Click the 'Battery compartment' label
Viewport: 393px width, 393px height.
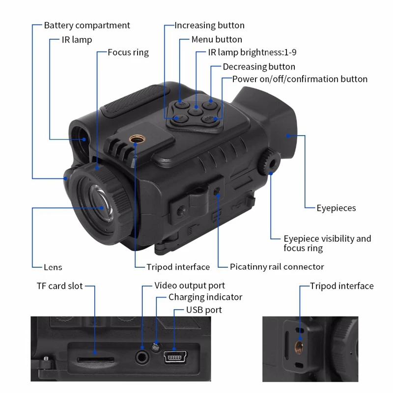pyautogui.click(x=87, y=26)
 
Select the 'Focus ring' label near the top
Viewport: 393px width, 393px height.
pyautogui.click(x=128, y=52)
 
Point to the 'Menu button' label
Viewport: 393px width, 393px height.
pyautogui.click(x=217, y=39)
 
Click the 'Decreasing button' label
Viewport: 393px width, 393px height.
pyautogui.click(x=259, y=67)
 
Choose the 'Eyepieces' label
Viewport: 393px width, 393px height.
pyautogui.click(x=336, y=208)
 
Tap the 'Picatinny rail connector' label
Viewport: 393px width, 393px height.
pyautogui.click(x=277, y=267)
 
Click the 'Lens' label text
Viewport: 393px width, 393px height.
pyautogui.click(x=53, y=267)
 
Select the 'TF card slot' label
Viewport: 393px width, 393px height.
pyautogui.click(x=59, y=286)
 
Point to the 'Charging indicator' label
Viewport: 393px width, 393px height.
pyautogui.click(x=205, y=297)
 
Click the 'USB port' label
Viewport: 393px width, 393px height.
pyautogui.click(x=204, y=310)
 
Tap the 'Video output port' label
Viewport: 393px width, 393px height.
pyautogui.click(x=190, y=285)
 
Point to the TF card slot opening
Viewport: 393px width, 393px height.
pyautogui.click(x=88, y=359)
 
